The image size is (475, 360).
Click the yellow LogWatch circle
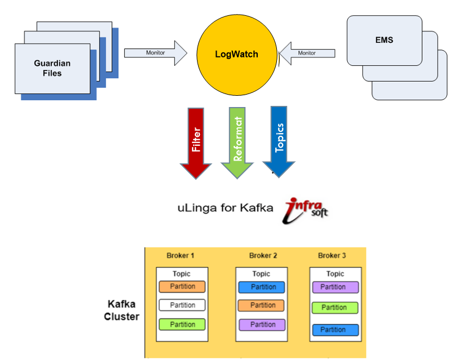click(x=236, y=54)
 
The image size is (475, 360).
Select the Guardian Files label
click(x=52, y=68)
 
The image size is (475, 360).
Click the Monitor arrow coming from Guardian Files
click(x=155, y=52)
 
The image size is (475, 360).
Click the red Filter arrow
click(x=196, y=141)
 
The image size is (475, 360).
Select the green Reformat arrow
click(x=237, y=141)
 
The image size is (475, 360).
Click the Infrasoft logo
click(x=307, y=208)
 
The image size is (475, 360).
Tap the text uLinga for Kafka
click(x=225, y=208)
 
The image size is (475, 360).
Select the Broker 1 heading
click(x=181, y=256)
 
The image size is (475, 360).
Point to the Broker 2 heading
click(x=263, y=256)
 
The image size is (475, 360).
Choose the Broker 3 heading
click(x=332, y=256)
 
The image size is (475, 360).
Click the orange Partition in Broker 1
click(x=182, y=287)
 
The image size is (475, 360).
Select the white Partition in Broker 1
click(x=182, y=305)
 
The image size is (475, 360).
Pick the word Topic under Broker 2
click(x=261, y=274)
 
